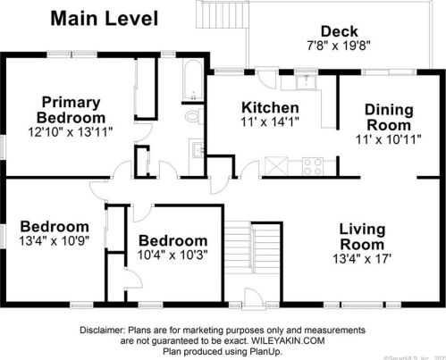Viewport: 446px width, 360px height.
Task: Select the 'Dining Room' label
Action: [x=389, y=117]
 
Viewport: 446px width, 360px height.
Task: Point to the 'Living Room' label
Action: [x=362, y=237]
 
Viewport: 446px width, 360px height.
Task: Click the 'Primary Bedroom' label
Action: [x=69, y=109]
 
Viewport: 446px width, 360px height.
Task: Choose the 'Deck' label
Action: [x=339, y=31]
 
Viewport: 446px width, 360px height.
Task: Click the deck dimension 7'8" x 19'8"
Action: [x=338, y=45]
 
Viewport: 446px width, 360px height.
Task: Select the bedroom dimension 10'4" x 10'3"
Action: [x=173, y=255]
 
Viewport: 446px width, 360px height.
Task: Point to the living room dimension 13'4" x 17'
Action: [x=362, y=260]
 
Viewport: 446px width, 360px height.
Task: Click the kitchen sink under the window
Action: [x=308, y=82]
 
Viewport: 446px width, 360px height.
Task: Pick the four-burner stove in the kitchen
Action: [x=312, y=165]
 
